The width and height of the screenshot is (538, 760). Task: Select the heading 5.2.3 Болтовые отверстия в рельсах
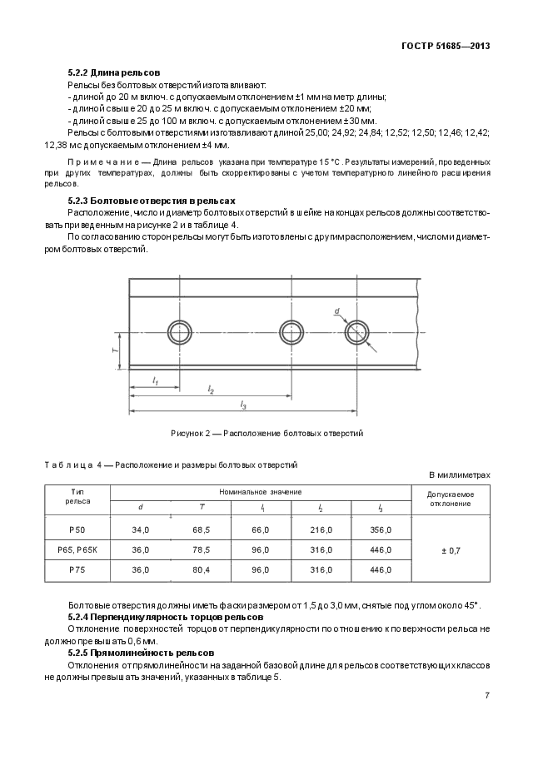pyautogui.click(x=152, y=201)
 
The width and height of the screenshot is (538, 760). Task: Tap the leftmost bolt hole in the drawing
pyautogui.click(x=179, y=332)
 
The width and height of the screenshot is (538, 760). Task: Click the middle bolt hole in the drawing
pyautogui.click(x=291, y=332)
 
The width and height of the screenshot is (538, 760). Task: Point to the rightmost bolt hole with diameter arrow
pyautogui.click(x=357, y=332)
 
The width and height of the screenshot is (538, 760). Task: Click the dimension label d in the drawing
pyautogui.click(x=337, y=311)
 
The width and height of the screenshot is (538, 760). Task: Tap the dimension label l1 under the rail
pyautogui.click(x=155, y=380)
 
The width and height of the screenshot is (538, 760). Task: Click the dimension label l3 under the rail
pyautogui.click(x=243, y=405)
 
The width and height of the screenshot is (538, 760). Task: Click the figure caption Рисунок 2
pyautogui.click(x=267, y=433)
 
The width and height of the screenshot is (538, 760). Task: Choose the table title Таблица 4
pyautogui.click(x=171, y=464)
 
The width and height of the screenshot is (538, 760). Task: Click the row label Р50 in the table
pyautogui.click(x=77, y=529)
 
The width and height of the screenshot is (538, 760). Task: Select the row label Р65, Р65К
pyautogui.click(x=77, y=549)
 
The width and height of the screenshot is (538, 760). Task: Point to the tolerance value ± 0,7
pyautogui.click(x=451, y=549)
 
